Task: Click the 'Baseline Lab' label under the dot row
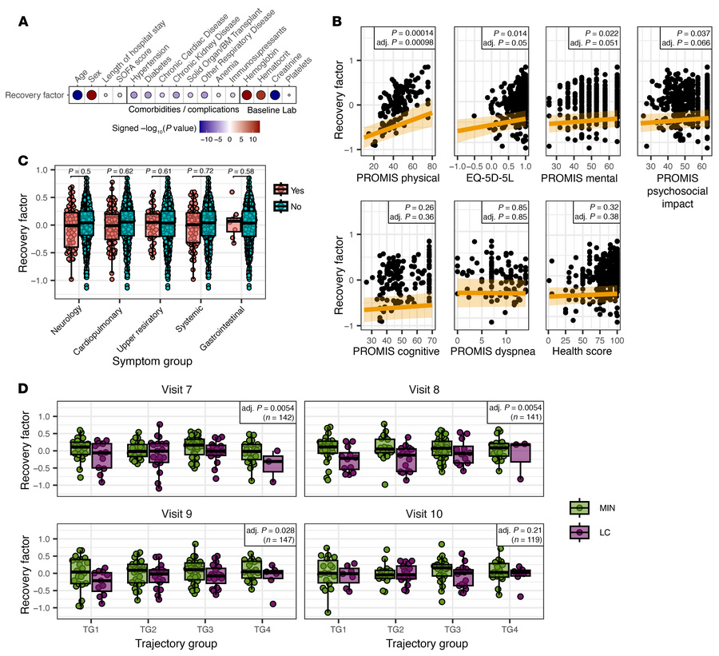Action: pyautogui.click(x=269, y=109)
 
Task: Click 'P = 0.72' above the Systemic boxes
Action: pyautogui.click(x=195, y=170)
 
